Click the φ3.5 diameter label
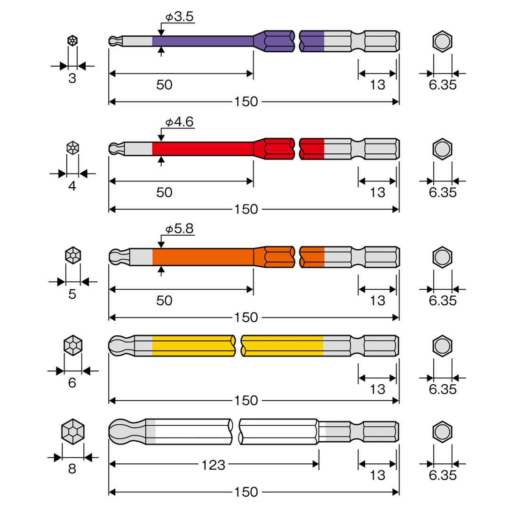click(x=179, y=17)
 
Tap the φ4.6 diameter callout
click(x=179, y=122)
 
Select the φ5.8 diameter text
click(x=179, y=229)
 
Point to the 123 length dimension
click(x=213, y=465)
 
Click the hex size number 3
click(x=72, y=79)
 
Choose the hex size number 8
click(x=72, y=469)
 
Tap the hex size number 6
click(x=72, y=383)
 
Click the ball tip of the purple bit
click(x=114, y=41)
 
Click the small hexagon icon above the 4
click(x=72, y=148)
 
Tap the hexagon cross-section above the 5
click(x=73, y=255)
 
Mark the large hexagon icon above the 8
click(x=73, y=431)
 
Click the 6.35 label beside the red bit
click(x=443, y=192)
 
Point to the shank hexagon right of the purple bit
click(x=443, y=41)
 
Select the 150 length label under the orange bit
click(x=246, y=317)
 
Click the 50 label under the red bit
click(x=164, y=192)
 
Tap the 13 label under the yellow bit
click(x=377, y=389)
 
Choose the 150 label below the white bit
click(x=246, y=492)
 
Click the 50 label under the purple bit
click(x=164, y=85)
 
